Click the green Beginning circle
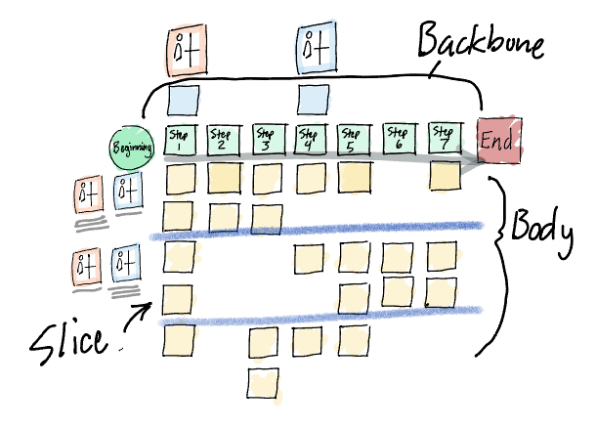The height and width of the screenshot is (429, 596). [x=132, y=148]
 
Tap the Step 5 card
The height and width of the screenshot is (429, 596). [x=354, y=139]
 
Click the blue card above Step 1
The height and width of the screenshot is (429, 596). [x=184, y=100]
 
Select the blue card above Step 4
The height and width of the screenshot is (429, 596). [x=312, y=99]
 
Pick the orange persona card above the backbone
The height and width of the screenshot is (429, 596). [x=185, y=47]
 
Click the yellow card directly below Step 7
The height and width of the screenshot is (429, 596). [x=445, y=176]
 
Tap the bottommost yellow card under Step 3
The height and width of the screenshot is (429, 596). [x=265, y=382]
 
